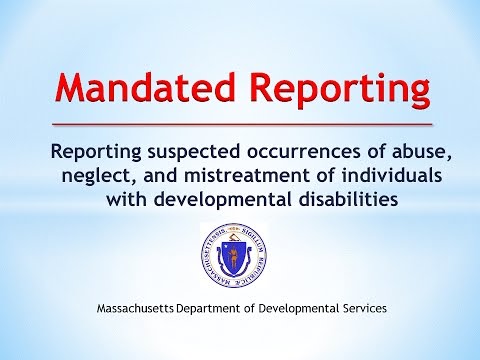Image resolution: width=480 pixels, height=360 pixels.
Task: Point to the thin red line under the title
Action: click(240, 125)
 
